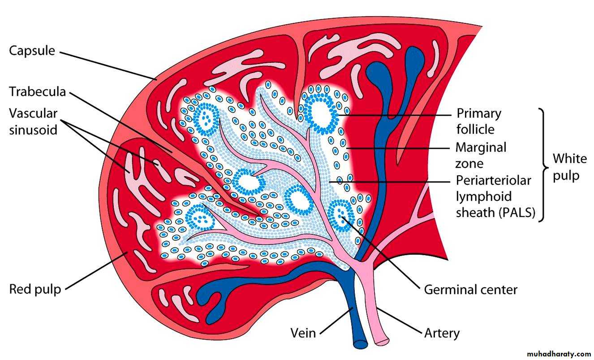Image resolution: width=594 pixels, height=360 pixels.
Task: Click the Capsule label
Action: (32, 51)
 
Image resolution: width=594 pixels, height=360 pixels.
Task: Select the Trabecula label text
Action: (37, 92)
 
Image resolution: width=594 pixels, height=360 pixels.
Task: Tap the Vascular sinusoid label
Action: (33, 122)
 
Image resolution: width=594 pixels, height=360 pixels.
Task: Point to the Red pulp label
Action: (35, 290)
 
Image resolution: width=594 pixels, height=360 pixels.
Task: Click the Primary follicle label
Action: (479, 121)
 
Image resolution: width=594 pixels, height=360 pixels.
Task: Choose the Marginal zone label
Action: (481, 156)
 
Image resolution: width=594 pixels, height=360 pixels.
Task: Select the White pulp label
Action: (570, 167)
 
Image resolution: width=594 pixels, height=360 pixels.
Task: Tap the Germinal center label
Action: (471, 290)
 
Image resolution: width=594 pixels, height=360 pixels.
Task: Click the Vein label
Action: (303, 333)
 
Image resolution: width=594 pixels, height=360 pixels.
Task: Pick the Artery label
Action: (442, 333)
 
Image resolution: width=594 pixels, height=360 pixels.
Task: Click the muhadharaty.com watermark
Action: (559, 354)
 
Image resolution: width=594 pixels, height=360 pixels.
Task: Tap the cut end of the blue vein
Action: (361, 344)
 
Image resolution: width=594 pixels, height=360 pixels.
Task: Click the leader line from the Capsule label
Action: (108, 66)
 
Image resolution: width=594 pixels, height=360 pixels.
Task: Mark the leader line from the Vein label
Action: (336, 321)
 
